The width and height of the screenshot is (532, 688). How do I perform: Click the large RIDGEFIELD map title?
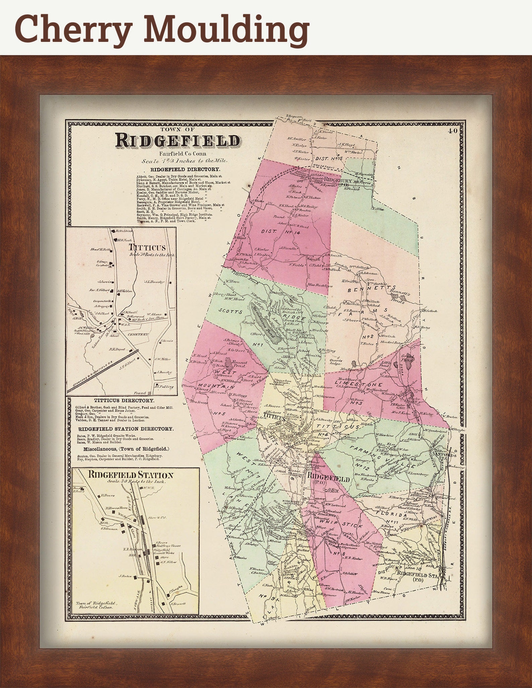coord(178,141)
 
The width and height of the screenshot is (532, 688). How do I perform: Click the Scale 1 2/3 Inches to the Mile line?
coord(185,161)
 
